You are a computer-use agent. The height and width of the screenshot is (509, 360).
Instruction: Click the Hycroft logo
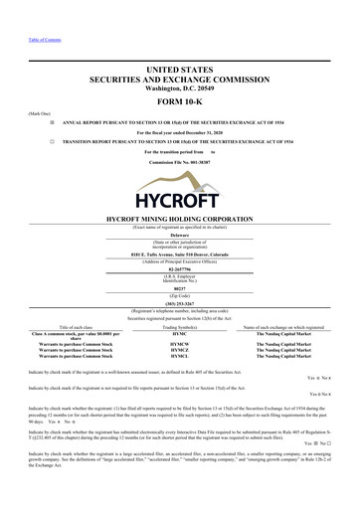tap(179, 184)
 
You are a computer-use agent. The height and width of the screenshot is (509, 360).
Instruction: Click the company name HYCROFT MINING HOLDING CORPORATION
tap(179, 216)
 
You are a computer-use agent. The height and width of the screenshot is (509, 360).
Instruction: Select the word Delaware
tap(179, 237)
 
